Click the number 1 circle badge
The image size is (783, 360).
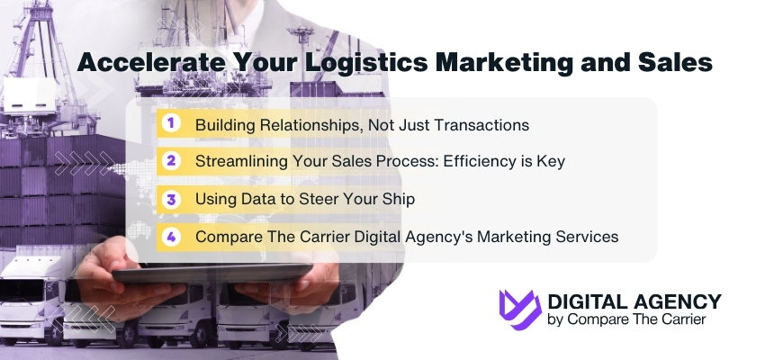pyautogui.click(x=169, y=123)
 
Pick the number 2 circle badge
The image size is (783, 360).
pyautogui.click(x=169, y=161)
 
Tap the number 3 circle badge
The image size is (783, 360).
pyautogui.click(x=169, y=199)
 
